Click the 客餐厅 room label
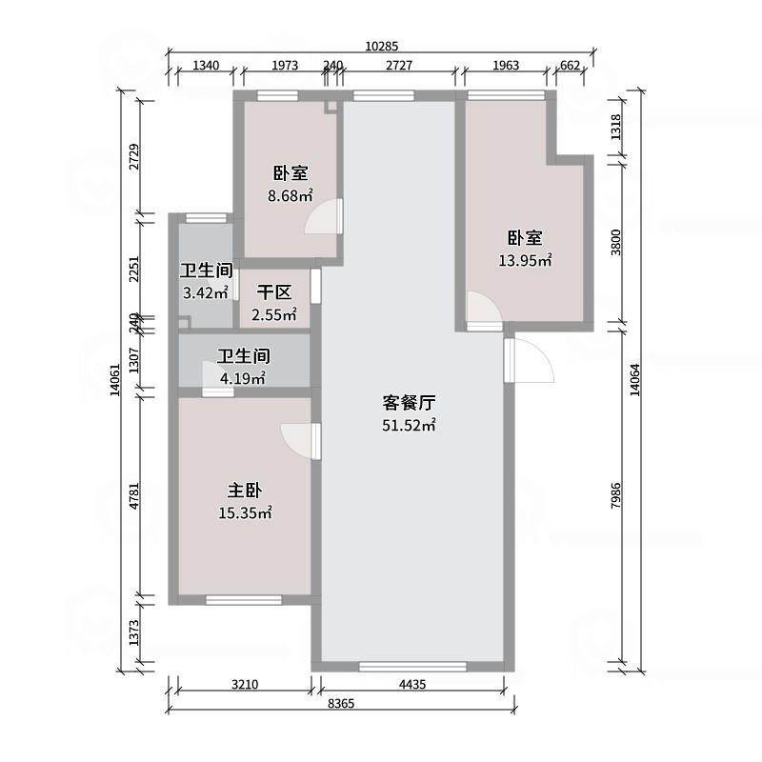coord(409,404)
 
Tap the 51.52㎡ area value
coord(409,426)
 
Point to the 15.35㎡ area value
coord(245,513)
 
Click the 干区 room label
coord(274,292)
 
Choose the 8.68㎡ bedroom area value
coord(291,196)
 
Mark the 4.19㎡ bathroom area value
coord(243,378)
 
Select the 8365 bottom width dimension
coord(342,704)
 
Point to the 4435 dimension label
coord(411,683)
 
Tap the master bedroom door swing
coord(297,439)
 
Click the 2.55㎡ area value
coord(274,314)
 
